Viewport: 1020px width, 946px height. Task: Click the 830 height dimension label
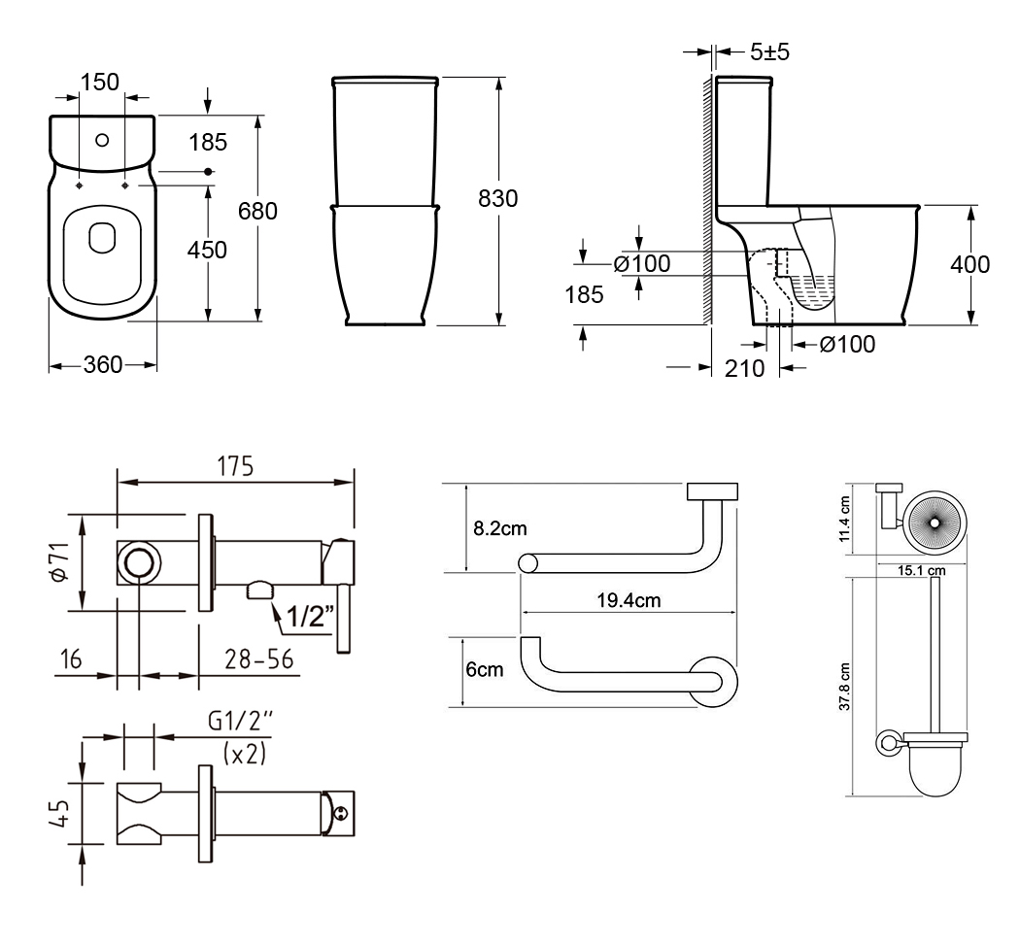click(497, 198)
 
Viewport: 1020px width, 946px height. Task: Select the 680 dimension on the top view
click(257, 211)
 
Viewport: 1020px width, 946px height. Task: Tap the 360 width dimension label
click(103, 365)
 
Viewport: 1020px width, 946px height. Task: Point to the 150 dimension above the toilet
click(99, 82)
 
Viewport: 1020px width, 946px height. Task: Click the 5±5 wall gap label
click(769, 51)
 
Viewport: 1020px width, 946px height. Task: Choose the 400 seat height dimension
click(969, 264)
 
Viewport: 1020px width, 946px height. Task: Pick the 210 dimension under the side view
click(745, 369)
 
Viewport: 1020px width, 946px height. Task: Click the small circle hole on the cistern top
click(102, 140)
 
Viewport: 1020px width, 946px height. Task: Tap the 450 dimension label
click(207, 250)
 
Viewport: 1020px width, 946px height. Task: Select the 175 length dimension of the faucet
click(235, 467)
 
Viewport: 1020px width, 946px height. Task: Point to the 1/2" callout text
click(310, 616)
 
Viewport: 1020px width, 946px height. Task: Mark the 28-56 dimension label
click(259, 659)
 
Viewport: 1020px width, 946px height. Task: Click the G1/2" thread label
click(241, 721)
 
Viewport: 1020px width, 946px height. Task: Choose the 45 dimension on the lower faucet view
click(59, 812)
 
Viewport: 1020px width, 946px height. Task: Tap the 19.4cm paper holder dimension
click(629, 600)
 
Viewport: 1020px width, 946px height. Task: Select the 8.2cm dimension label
click(499, 528)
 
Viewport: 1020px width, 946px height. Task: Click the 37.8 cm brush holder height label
click(844, 687)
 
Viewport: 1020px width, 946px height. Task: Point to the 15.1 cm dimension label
click(922, 571)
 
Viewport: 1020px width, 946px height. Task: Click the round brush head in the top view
click(935, 523)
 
